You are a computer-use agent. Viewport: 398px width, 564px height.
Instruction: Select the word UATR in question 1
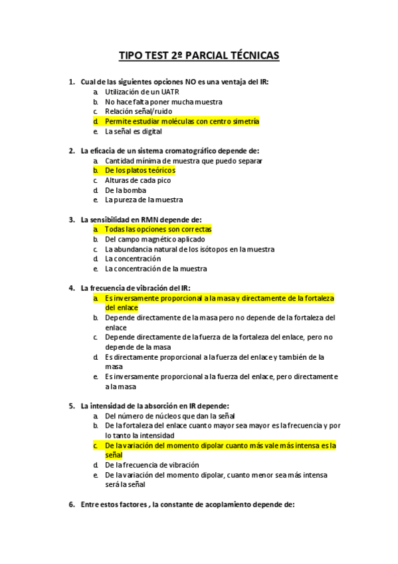pos(170,92)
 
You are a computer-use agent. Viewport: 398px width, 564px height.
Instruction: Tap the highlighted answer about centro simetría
pos(181,122)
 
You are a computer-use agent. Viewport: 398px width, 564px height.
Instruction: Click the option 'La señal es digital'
pos(134,132)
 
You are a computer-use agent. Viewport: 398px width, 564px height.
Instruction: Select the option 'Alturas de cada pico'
pos(138,180)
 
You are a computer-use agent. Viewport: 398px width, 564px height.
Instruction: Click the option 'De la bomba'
pos(126,190)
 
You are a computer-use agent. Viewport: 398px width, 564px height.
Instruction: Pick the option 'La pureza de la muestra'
pos(144,200)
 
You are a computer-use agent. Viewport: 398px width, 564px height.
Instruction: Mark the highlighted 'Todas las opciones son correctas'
pos(158,229)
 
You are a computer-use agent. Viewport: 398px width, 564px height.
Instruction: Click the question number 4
pos(72,288)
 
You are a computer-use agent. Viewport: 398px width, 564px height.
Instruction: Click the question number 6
pos(72,505)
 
